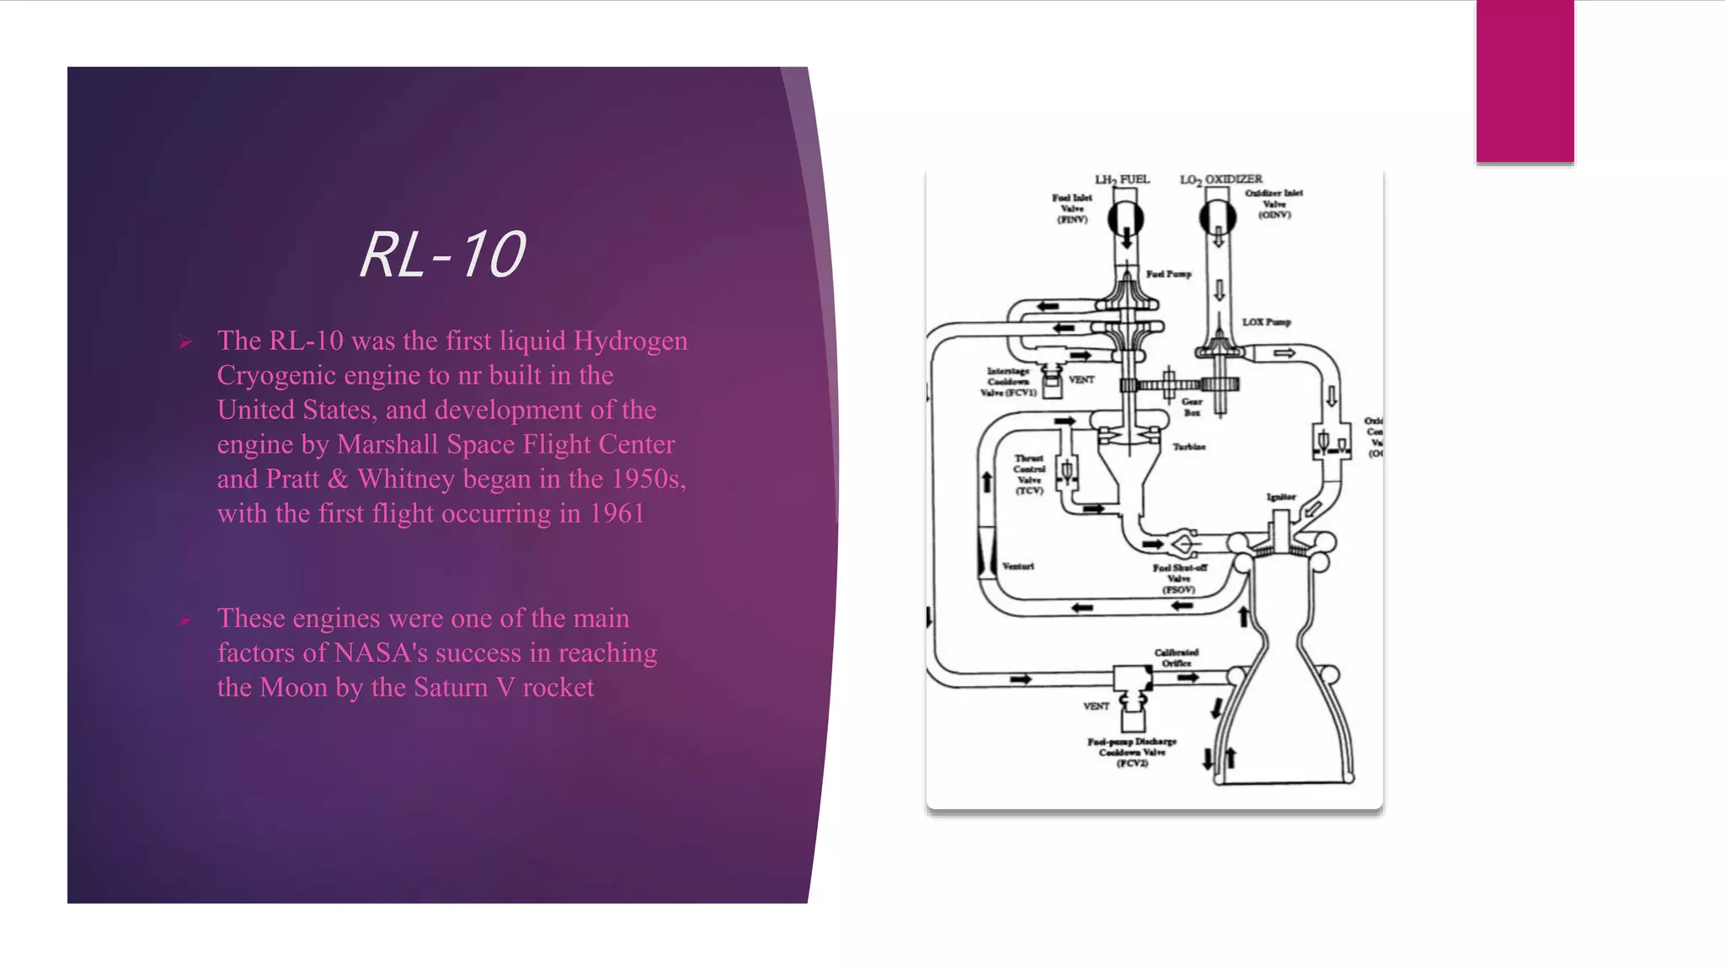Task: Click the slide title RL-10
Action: click(443, 255)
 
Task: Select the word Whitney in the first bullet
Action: click(406, 479)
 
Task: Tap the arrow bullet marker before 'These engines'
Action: click(185, 620)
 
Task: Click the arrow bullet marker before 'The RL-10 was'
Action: click(185, 342)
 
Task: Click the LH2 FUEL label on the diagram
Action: click(1122, 180)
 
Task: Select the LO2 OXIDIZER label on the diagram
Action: click(1220, 180)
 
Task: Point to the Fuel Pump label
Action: click(1168, 274)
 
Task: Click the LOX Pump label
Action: click(1266, 322)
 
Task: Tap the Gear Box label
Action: click(1192, 407)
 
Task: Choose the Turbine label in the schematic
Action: click(1189, 447)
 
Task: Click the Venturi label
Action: click(1018, 566)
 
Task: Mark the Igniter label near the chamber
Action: click(1281, 497)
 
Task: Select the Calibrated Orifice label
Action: click(1176, 657)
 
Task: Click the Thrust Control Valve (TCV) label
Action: click(1029, 475)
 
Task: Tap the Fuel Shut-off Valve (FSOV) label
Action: click(1179, 578)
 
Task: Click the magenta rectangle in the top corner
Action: click(1525, 81)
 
